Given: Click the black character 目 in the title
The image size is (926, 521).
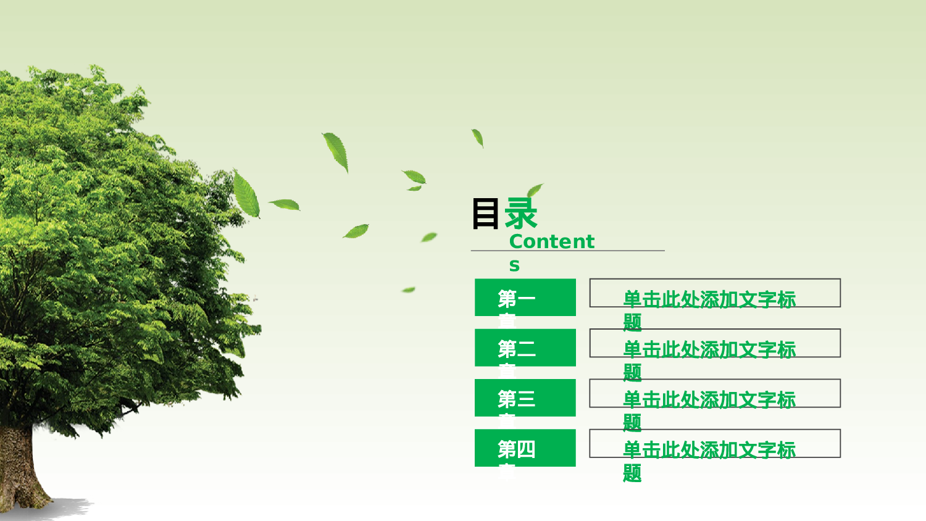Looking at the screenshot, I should (485, 214).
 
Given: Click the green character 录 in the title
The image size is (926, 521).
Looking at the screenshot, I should (521, 214).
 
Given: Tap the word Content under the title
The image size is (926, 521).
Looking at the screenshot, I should (551, 241).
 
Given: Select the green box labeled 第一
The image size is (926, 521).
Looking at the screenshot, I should (525, 298).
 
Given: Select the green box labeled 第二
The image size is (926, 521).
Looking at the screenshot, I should (525, 348).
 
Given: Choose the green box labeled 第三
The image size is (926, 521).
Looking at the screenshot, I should (525, 398).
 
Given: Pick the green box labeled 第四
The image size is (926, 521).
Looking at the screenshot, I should (525, 448).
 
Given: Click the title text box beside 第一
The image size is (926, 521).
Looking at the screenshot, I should (715, 293).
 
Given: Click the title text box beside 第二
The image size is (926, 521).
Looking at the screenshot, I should (715, 343).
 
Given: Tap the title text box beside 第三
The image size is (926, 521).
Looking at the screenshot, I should (715, 393).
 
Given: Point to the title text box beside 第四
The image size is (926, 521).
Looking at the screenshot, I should (715, 443).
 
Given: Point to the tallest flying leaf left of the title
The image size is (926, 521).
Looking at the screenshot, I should (336, 151).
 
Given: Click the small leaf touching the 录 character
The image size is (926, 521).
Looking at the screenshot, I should (535, 189).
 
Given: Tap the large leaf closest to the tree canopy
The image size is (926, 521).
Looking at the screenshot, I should (246, 194).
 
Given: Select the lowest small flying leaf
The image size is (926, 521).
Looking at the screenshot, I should (409, 290).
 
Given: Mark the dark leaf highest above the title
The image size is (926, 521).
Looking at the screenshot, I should (477, 138).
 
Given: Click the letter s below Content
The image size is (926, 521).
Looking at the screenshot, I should (514, 266).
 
